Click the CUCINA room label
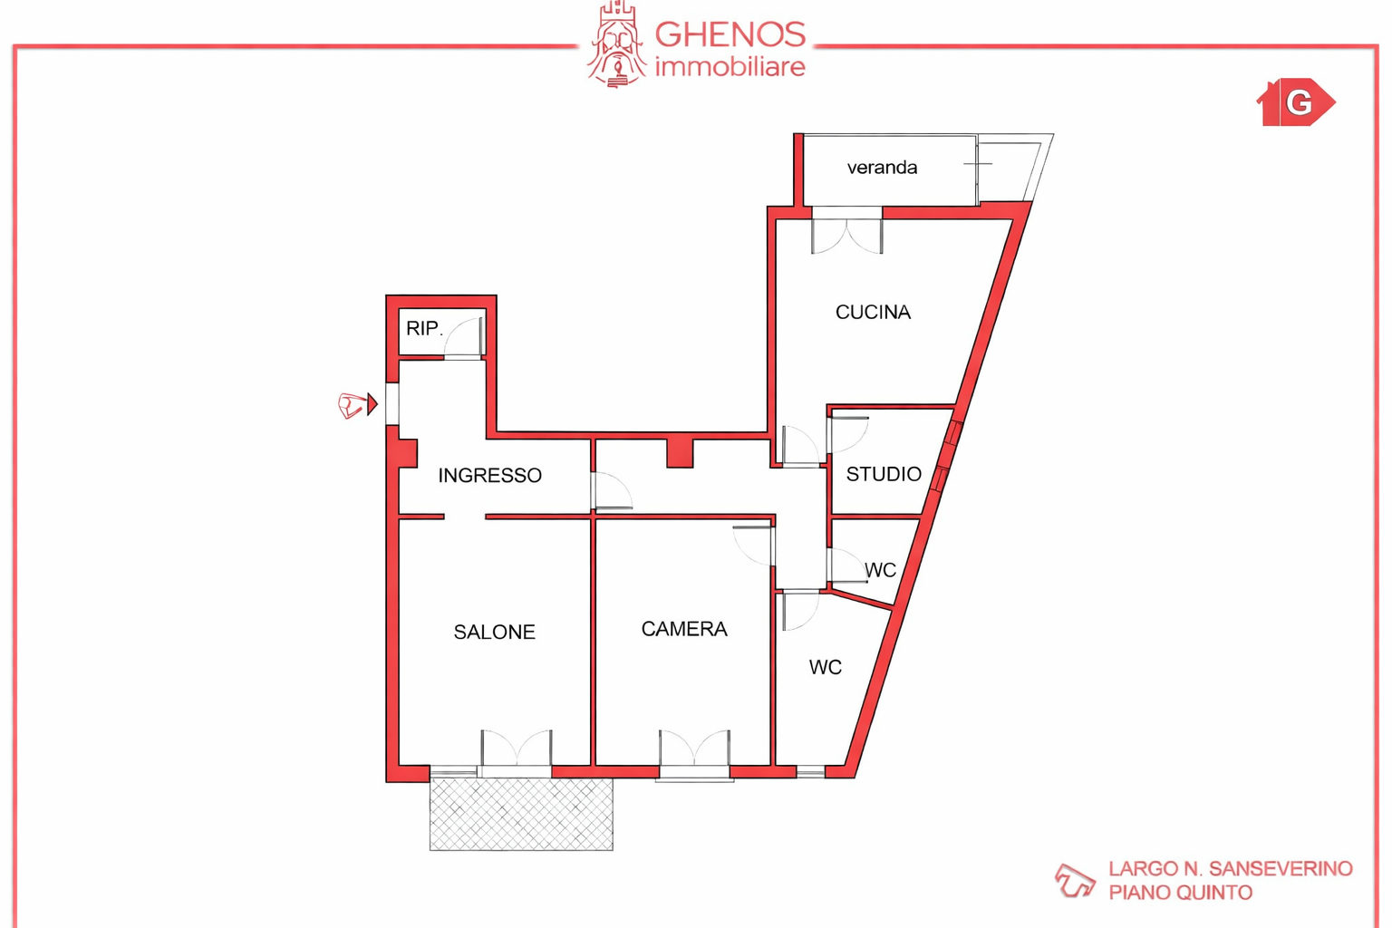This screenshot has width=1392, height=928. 873,312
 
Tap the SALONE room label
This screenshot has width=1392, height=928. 494,633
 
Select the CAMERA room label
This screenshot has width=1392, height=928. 684,629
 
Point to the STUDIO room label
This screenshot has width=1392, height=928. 884,474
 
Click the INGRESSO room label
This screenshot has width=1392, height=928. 489,476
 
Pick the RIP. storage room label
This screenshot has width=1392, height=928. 424,328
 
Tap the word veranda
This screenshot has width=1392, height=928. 882,168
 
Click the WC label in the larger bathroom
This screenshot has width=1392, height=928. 826,668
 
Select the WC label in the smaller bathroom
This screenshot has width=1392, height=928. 880,570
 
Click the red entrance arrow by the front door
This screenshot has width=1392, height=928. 372,404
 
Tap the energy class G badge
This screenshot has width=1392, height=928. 1296,101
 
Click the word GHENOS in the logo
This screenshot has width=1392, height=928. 730,34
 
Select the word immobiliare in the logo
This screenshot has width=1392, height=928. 730,66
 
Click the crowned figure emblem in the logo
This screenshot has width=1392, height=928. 616,44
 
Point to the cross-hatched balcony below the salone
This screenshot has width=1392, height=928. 521,815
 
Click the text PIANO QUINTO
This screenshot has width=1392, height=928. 1180,893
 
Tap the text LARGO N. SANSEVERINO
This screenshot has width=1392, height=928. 1231,868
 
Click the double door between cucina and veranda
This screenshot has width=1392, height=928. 847,231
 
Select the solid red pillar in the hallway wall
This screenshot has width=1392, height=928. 680,452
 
